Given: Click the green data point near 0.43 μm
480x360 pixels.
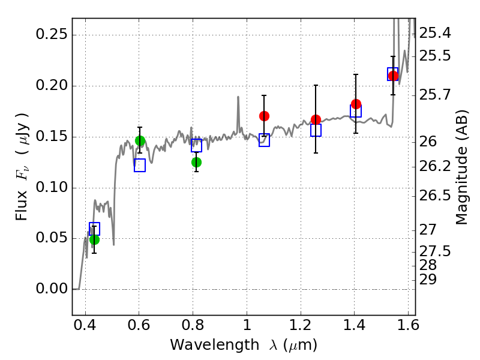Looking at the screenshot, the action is [x=94, y=239].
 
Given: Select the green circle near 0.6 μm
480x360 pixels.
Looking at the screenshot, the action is [x=140, y=141].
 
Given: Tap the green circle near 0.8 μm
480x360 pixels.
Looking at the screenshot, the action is [x=197, y=162].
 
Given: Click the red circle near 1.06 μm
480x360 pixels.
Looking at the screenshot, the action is [x=264, y=116].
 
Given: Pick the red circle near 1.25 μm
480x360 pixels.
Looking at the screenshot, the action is [x=316, y=119].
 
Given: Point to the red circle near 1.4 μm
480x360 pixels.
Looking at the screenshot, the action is [x=356, y=104].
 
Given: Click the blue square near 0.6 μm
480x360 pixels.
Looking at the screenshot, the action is [x=140, y=166].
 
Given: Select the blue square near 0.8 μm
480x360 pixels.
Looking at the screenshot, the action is [x=197, y=145].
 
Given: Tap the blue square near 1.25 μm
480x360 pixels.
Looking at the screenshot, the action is [x=316, y=130].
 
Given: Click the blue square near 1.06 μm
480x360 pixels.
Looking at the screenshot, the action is [x=264, y=140].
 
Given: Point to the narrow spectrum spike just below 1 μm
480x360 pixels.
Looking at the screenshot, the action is [x=238, y=113].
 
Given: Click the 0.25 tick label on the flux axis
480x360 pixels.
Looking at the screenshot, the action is [x=52, y=34].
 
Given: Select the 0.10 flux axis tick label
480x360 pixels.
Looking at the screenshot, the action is [x=52, y=187].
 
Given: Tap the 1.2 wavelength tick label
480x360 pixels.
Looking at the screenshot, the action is [x=301, y=325].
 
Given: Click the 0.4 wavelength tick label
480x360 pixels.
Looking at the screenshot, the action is [x=85, y=325].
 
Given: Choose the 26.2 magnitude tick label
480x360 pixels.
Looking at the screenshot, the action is [x=434, y=166].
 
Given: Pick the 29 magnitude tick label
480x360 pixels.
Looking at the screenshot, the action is [x=428, y=280].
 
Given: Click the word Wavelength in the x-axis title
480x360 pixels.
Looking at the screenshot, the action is [x=215, y=345].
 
